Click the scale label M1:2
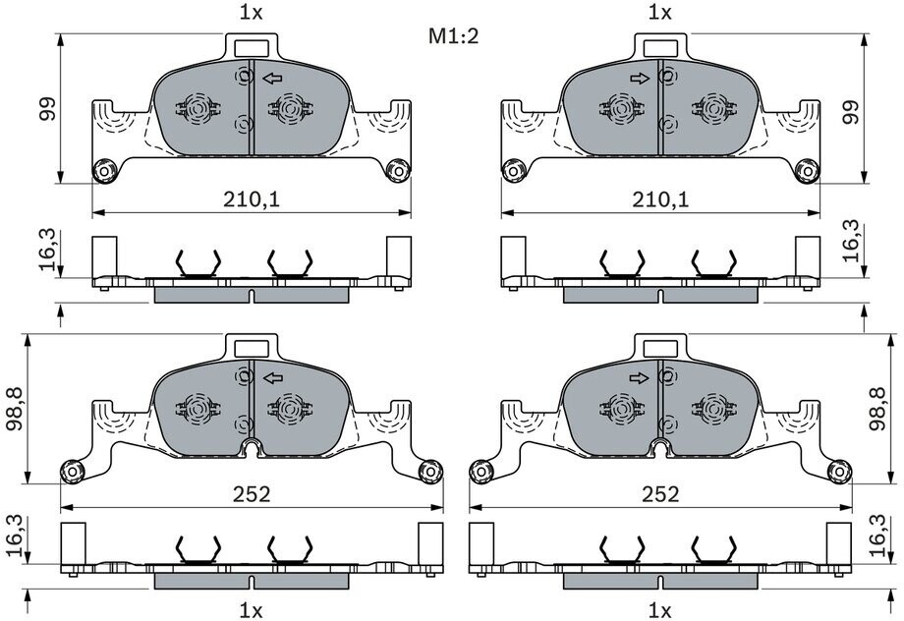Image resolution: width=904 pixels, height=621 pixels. tap(453, 36)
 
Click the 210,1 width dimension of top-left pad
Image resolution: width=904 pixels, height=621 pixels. tap(252, 199)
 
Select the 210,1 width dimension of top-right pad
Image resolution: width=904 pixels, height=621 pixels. tap(660, 199)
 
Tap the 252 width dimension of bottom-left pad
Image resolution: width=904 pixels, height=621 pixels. tap(252, 494)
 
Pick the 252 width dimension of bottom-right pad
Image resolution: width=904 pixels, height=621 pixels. tap(660, 494)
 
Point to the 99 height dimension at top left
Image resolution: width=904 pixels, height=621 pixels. tap(47, 108)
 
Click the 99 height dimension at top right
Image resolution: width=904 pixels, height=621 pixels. tap(852, 112)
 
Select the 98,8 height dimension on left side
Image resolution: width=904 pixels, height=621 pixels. tap(15, 409)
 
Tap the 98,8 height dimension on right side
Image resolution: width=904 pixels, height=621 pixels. tap(877, 409)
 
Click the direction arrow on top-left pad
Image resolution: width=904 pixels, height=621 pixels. tap(272, 78)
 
